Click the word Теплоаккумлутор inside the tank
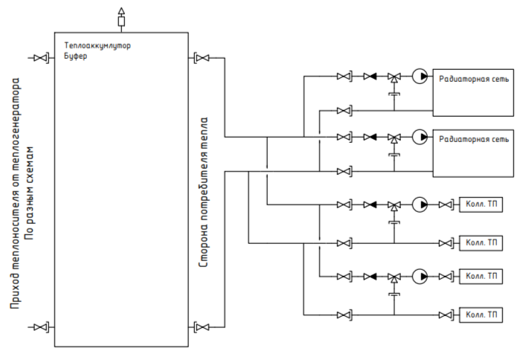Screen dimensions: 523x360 (x=97, y=45)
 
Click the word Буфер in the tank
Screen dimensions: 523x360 (x=76, y=56)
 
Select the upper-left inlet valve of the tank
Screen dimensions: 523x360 (x=41, y=58)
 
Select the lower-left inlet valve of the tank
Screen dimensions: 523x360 (x=41, y=327)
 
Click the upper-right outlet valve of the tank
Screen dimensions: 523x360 (x=202, y=58)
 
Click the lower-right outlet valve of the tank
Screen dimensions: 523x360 (x=202, y=327)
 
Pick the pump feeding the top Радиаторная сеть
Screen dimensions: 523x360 (x=420, y=77)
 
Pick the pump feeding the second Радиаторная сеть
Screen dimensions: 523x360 (x=420, y=137)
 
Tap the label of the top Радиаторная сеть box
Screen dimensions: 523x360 (x=474, y=79)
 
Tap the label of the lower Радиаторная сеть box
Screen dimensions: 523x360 (x=474, y=139)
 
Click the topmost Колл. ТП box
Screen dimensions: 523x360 (x=481, y=205)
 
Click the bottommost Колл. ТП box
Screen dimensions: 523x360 (x=481, y=315)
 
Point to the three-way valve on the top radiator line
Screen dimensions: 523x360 (x=394, y=77)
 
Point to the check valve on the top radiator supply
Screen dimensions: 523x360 (x=370, y=77)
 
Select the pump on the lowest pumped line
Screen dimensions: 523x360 (x=420, y=277)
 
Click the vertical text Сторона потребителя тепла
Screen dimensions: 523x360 (x=203, y=192)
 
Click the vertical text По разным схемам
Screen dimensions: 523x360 (x=30, y=193)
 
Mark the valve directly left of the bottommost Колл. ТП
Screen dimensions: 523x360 (x=446, y=315)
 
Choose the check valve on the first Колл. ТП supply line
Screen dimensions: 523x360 (x=370, y=205)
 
